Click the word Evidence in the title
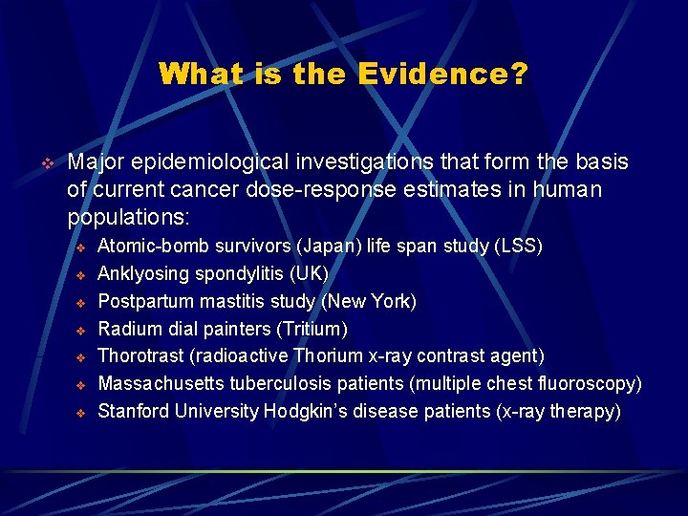click(442, 75)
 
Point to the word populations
click(129, 217)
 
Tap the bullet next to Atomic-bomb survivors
click(81, 247)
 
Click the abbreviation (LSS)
click(518, 247)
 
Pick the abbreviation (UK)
click(312, 274)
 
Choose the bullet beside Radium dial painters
click(81, 330)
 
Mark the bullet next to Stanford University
click(81, 413)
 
